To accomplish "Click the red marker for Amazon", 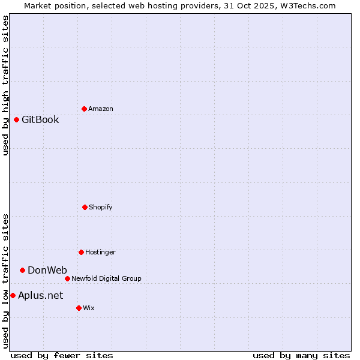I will pyautogui.click(x=84, y=109).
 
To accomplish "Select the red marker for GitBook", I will pyautogui.click(x=16, y=119).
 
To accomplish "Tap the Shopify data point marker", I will pyautogui.click(x=85, y=207).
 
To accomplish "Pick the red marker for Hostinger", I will pyautogui.click(x=81, y=252).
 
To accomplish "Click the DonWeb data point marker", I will pyautogui.click(x=22, y=270).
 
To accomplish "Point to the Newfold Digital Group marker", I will pyautogui.click(x=67, y=278).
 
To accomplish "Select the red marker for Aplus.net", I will pyautogui.click(x=13, y=295).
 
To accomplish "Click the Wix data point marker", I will pyautogui.click(x=79, y=308).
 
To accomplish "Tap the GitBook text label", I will pyautogui.click(x=40, y=119).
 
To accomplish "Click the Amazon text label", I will pyautogui.click(x=101, y=109).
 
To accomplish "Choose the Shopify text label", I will pyautogui.click(x=101, y=207).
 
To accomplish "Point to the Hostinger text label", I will pyautogui.click(x=100, y=252).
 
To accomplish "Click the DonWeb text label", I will pyautogui.click(x=47, y=270).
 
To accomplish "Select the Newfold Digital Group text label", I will pyautogui.click(x=106, y=278).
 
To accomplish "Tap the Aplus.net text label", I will pyautogui.click(x=40, y=295).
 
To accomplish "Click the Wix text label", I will pyautogui.click(x=89, y=308).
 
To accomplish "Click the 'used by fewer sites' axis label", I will pyautogui.click(x=62, y=355).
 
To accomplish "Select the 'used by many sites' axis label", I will pyautogui.click(x=301, y=355).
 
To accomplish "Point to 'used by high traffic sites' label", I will pyautogui.click(x=5, y=85).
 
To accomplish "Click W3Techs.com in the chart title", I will pyautogui.click(x=309, y=5).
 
